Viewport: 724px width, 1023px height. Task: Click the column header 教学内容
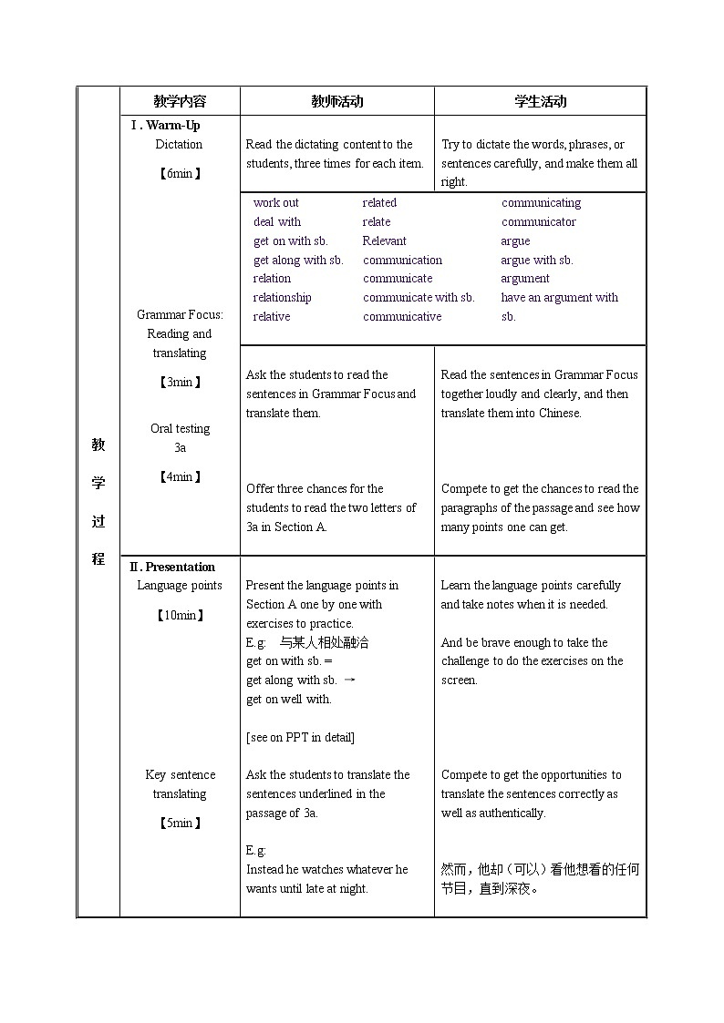pos(180,101)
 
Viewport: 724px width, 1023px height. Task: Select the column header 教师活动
pos(336,101)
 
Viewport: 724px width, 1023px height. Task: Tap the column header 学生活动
pos(540,101)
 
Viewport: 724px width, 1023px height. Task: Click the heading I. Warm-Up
pos(165,126)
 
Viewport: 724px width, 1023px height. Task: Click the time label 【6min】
pos(180,173)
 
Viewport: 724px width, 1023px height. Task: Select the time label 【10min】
pos(180,615)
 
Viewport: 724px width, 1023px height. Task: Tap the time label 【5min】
pos(180,823)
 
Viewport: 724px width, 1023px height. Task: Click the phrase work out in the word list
pos(275,203)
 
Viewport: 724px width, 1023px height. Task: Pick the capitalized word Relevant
pos(384,241)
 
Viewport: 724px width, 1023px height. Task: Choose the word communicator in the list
pos(538,222)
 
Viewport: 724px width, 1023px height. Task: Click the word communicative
pos(402,317)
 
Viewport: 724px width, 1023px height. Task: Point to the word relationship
pos(282,298)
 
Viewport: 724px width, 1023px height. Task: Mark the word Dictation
pos(179,145)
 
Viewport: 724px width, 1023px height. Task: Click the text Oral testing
pos(180,429)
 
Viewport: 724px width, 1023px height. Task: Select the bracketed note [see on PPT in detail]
pos(300,737)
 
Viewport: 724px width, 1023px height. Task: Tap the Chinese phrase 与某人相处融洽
pos(324,642)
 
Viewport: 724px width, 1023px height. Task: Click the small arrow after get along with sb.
pos(349,680)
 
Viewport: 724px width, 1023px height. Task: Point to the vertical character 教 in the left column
pos(98,445)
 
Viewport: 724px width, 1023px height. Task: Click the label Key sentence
pos(180,775)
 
